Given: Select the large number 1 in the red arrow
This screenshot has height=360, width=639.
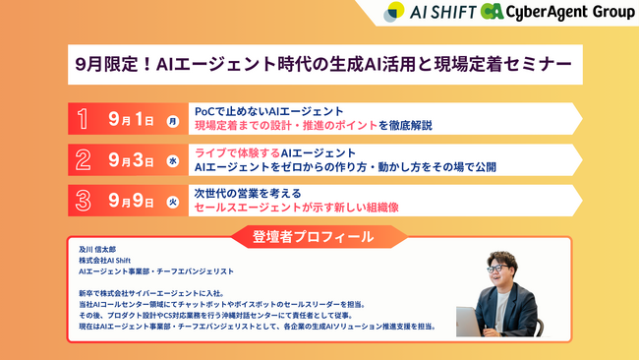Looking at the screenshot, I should coord(84,120).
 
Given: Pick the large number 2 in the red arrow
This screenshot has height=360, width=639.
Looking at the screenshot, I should coord(84,160).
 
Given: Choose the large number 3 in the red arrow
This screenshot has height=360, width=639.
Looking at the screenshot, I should coord(84,201).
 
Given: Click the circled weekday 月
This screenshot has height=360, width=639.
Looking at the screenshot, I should coord(173,121).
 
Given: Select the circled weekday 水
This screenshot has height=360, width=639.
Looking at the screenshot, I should coord(173,161).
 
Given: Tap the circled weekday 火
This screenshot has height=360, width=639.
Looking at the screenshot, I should coord(173,202).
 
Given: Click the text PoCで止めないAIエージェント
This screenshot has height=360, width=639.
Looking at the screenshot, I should coord(268,111).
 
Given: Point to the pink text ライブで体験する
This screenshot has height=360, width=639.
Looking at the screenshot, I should coord(237,151).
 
